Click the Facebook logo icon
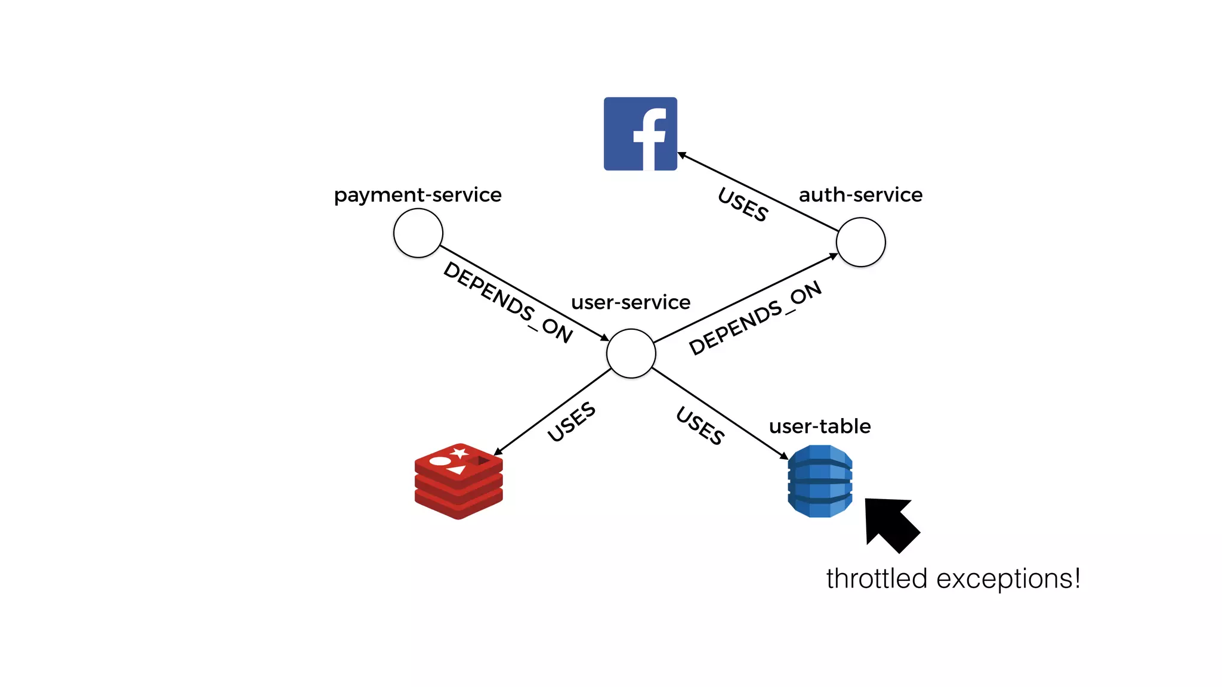tap(640, 134)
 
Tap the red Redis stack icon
tap(458, 482)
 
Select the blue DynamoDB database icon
tap(820, 481)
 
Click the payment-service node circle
tap(418, 233)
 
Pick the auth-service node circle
tap(860, 242)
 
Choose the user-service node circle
tap(631, 354)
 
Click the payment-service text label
tap(418, 195)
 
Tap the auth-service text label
tap(860, 195)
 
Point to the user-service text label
tap(631, 302)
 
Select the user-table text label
tap(820, 426)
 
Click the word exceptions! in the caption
tap(1008, 579)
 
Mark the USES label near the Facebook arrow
tap(743, 205)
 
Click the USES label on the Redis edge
tap(571, 422)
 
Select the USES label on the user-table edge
tap(701, 425)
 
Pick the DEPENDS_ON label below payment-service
tap(508, 302)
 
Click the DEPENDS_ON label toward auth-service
tap(755, 318)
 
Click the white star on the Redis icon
tap(459, 453)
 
